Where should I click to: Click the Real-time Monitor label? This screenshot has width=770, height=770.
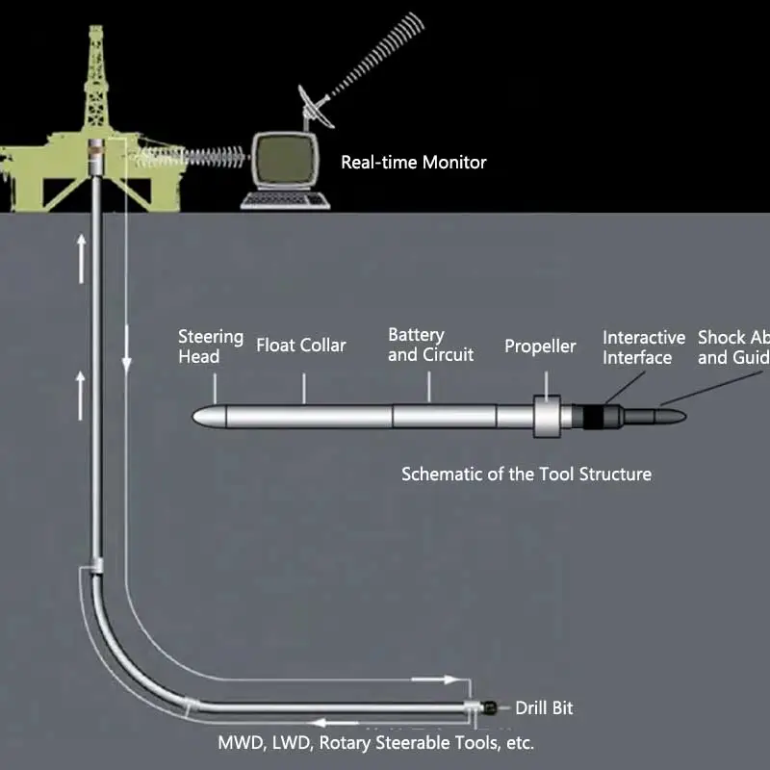(x=414, y=162)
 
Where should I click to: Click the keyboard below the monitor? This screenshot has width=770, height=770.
(x=286, y=200)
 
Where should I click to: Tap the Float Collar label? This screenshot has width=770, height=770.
(x=300, y=345)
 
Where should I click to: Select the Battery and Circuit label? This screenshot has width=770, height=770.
(x=430, y=345)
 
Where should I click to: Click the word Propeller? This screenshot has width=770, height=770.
(x=540, y=346)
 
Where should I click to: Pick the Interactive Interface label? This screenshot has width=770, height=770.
(x=644, y=347)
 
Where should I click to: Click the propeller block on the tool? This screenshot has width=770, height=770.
(x=548, y=416)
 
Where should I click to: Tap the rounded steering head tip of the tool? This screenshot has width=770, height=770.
(x=204, y=416)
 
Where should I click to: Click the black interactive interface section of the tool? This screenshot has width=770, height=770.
(x=595, y=416)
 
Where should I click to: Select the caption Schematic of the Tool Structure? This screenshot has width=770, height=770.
(x=526, y=474)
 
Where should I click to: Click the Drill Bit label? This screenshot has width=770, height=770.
(x=544, y=707)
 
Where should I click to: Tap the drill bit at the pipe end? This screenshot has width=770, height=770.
(x=489, y=707)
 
